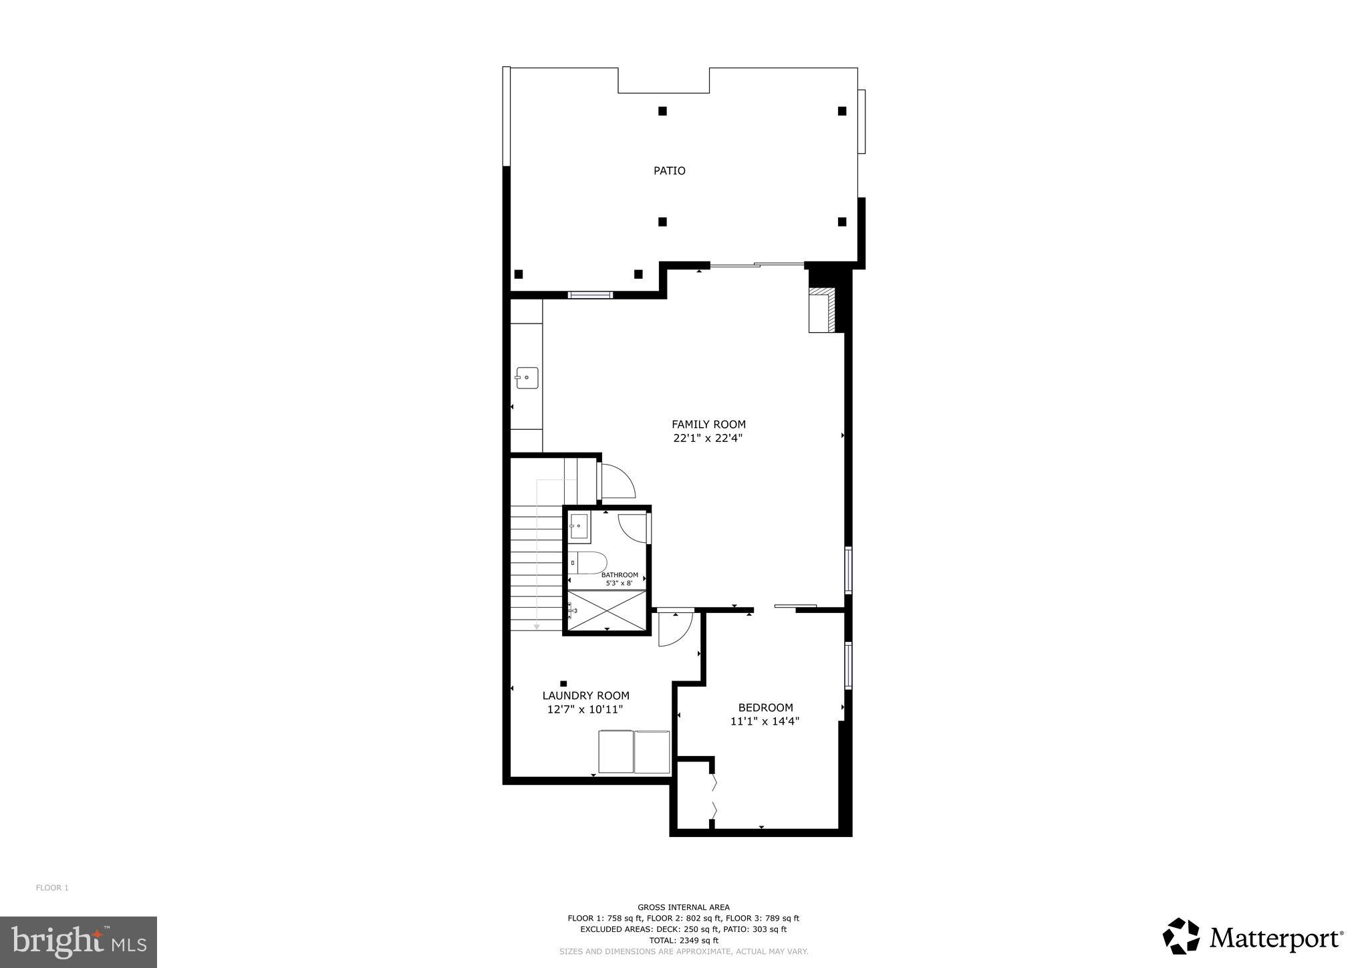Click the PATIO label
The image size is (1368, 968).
click(x=669, y=171)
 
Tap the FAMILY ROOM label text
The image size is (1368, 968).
click(x=708, y=425)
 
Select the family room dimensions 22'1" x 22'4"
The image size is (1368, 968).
click(x=708, y=439)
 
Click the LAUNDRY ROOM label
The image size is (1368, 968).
click(x=585, y=696)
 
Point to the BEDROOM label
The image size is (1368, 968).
click(x=765, y=707)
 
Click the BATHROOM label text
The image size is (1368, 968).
click(x=620, y=575)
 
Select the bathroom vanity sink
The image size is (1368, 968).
click(x=578, y=527)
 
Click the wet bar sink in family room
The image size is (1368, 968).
click(x=527, y=378)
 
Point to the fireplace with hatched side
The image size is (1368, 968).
click(x=823, y=310)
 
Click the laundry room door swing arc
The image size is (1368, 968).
click(x=674, y=630)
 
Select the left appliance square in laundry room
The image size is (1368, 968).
click(x=615, y=752)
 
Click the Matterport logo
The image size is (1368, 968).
click(x=1253, y=939)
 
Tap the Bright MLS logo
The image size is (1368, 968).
click(x=78, y=942)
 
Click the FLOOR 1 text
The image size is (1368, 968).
click(x=52, y=888)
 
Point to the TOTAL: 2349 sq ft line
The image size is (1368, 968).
click(x=683, y=940)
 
